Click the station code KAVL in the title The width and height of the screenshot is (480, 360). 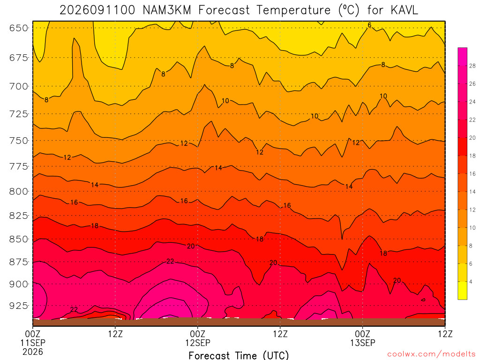[x=404, y=10]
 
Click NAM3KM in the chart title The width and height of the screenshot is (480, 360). [x=167, y=10]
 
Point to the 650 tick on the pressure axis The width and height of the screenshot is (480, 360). [x=19, y=28]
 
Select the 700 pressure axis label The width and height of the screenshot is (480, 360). [x=19, y=86]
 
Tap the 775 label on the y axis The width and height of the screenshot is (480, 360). [x=19, y=166]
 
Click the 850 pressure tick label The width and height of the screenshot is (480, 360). [x=19, y=239]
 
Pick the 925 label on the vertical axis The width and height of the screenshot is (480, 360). [x=19, y=306]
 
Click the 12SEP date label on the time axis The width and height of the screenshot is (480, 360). [x=198, y=343]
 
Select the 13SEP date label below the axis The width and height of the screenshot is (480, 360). [x=363, y=343]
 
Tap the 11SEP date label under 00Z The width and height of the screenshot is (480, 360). [x=33, y=343]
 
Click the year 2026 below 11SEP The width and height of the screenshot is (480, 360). [x=33, y=352]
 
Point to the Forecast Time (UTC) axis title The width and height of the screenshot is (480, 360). [x=239, y=355]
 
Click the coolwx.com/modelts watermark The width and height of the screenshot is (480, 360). [x=432, y=354]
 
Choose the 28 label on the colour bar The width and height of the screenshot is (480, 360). [x=472, y=66]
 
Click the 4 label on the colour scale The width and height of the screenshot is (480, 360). [x=471, y=282]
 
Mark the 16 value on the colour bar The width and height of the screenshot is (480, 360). [x=472, y=174]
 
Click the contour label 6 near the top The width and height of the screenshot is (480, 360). [x=369, y=25]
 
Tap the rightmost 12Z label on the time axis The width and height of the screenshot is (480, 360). [x=445, y=334]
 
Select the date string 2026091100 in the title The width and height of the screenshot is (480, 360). [x=97, y=10]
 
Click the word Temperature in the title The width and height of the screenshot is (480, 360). [x=293, y=10]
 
